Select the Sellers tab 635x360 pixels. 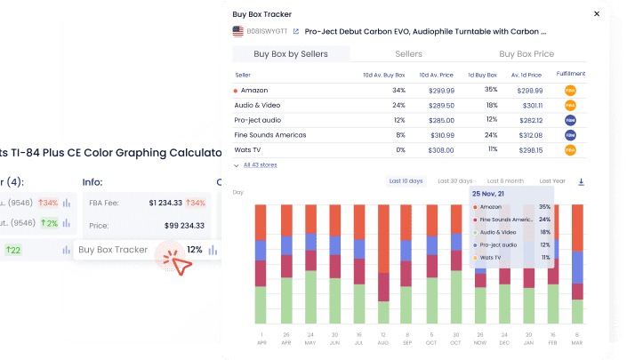(408, 54)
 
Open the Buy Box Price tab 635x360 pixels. (526, 54)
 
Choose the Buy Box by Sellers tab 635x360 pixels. (291, 54)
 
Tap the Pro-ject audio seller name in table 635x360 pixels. (257, 120)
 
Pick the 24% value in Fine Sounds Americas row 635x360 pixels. (491, 135)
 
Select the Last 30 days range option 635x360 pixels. (455, 181)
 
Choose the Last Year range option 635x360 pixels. (551, 181)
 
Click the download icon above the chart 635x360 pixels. (581, 181)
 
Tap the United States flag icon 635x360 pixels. (238, 30)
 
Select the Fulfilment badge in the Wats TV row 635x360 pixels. (569, 150)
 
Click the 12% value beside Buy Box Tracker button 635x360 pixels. (195, 250)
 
